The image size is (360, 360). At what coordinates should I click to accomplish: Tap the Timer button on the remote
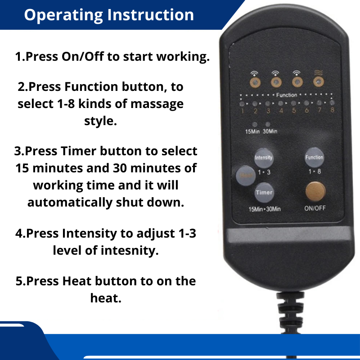[x=264, y=193]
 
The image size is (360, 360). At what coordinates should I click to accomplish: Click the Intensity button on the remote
[x=264, y=158]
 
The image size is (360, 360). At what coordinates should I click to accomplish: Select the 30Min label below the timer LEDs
[x=270, y=131]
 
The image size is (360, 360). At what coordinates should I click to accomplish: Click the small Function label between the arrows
[x=287, y=95]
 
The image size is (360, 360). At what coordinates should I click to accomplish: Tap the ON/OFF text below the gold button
[x=315, y=208]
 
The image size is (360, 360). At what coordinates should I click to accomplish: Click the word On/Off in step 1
[x=83, y=57]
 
